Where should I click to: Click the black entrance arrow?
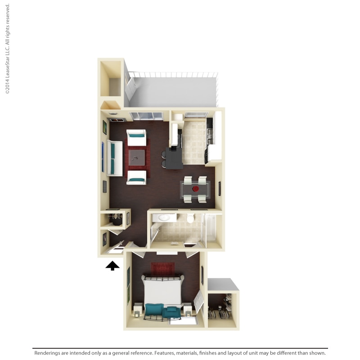(x=112, y=266)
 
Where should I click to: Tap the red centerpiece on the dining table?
(x=195, y=189)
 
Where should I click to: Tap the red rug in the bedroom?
(x=162, y=270)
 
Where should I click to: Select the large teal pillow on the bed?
(x=154, y=310)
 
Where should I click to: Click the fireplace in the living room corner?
(x=114, y=118)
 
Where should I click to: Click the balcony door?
(x=129, y=88)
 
